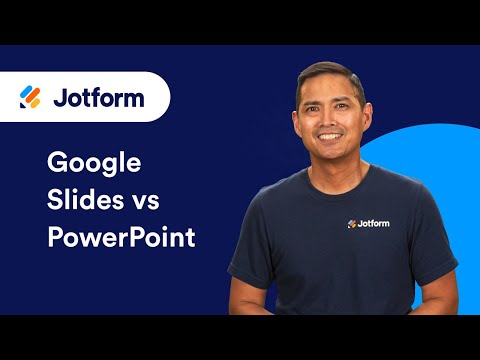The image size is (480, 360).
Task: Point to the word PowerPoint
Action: coord(121,240)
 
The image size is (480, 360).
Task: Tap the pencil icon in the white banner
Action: coord(30,97)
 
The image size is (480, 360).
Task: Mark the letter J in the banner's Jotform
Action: coord(57,98)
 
